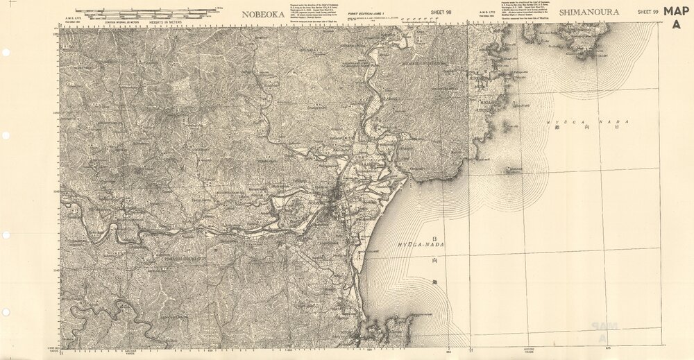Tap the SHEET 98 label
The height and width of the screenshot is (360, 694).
[x=440, y=12]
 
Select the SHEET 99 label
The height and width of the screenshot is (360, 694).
[x=648, y=12]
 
